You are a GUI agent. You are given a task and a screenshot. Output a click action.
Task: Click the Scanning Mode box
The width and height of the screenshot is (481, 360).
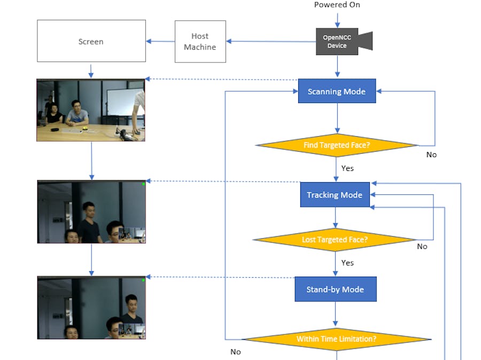click(337, 91)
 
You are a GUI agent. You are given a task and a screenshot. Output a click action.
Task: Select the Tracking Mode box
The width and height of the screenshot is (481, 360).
click(335, 195)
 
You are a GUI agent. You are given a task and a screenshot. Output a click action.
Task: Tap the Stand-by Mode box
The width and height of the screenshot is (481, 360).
click(335, 289)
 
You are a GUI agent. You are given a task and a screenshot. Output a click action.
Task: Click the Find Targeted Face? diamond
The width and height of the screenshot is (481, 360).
click(337, 145)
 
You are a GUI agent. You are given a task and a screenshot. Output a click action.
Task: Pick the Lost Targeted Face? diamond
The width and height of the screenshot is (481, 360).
click(335, 240)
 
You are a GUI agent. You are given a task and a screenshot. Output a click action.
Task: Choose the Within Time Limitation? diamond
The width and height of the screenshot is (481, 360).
click(337, 339)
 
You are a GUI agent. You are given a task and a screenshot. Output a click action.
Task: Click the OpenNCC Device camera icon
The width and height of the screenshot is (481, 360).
click(342, 42)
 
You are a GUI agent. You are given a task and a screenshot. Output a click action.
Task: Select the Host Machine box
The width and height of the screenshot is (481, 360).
click(200, 42)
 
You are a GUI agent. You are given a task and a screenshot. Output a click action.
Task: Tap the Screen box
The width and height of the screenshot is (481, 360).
click(91, 42)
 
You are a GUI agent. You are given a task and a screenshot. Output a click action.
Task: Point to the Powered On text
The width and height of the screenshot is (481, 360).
click(337, 5)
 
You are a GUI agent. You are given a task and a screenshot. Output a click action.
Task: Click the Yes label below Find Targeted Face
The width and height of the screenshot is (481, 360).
click(347, 168)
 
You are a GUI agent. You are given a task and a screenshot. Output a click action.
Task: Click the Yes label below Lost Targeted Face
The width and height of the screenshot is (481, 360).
click(347, 263)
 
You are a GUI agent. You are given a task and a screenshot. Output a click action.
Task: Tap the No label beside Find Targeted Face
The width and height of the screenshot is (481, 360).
click(431, 154)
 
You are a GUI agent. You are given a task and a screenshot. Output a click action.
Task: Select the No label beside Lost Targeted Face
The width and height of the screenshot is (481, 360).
click(422, 246)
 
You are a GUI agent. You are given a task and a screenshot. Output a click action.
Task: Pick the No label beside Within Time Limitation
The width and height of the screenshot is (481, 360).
click(236, 352)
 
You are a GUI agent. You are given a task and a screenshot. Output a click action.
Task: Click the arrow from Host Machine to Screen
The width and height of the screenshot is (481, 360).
click(160, 42)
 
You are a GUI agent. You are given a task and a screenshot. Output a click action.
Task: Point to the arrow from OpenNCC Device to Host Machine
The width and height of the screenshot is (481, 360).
click(270, 41)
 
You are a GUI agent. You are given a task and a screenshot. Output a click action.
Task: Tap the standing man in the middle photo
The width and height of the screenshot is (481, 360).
click(89, 222)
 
